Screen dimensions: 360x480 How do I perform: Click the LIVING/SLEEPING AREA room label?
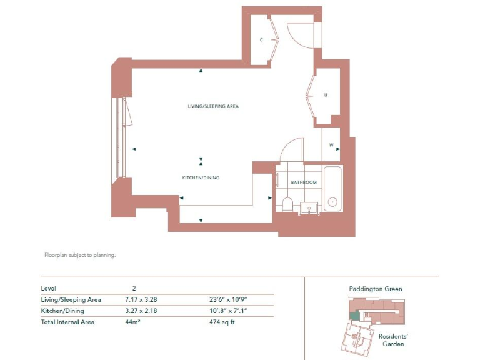coord(213,106)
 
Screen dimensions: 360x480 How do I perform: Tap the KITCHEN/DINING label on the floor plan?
coord(201,178)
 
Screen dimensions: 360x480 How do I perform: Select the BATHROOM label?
coord(304,182)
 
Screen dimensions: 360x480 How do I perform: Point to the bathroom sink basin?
coord(308,207)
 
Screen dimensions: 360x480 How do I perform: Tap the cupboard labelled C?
coord(262,40)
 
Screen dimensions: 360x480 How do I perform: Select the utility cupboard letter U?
coord(326,96)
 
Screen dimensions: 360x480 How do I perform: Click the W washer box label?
coord(331,146)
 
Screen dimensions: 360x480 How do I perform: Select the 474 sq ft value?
coord(222,322)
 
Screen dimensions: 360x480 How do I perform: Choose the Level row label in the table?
coord(49,288)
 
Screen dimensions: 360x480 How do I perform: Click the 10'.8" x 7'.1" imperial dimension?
coord(229,311)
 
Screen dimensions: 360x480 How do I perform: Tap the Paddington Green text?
coord(375,289)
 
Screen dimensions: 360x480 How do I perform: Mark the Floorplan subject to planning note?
coord(80,255)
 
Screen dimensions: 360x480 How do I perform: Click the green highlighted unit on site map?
coord(355,316)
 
